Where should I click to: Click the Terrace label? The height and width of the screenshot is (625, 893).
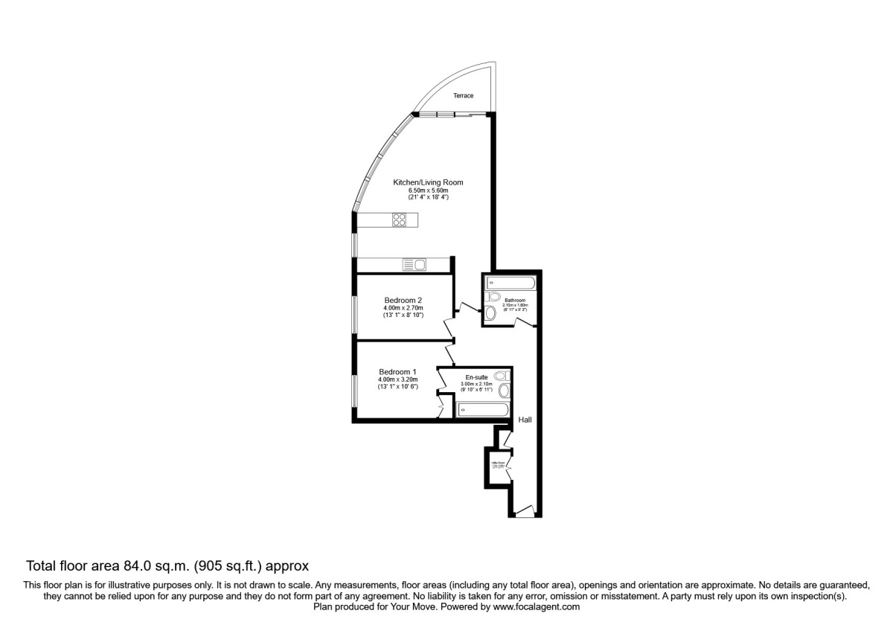pos(464,96)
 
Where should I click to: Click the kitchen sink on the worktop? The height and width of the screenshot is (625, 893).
pos(414,264)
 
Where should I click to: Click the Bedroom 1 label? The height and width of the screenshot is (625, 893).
pos(397,372)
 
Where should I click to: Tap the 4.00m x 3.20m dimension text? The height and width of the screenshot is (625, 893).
pos(399,379)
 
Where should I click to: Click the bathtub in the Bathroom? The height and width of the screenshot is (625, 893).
pos(509,283)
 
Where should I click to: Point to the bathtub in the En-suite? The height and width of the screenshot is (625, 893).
pos(481,409)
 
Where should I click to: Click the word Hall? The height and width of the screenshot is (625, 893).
pos(525,420)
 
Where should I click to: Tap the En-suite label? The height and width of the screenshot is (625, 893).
pos(477,377)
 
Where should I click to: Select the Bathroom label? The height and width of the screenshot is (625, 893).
pos(515,301)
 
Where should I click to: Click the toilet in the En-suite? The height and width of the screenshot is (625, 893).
pos(500,376)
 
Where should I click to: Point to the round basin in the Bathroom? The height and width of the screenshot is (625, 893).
pos(490,313)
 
